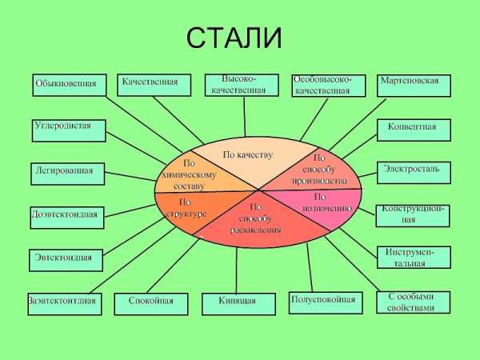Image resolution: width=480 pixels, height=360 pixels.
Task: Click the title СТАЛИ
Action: [x=234, y=38]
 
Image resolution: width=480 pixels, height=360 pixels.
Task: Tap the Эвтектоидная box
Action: [x=67, y=259]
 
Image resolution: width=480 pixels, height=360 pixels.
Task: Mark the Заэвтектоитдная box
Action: [x=64, y=303]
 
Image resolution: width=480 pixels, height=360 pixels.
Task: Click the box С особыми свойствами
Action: [x=412, y=302]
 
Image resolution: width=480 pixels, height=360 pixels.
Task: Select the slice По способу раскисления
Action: [x=254, y=219]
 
